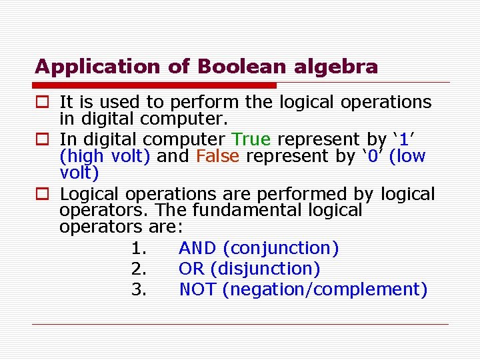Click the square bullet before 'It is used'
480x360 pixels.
coord(41,103)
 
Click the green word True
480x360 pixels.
coord(251,139)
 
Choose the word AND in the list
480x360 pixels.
coord(197,249)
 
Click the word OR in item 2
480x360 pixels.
coord(191,269)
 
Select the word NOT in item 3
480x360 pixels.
coord(198,290)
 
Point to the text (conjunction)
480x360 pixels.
coord(281,249)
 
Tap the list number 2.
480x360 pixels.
coord(138,269)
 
